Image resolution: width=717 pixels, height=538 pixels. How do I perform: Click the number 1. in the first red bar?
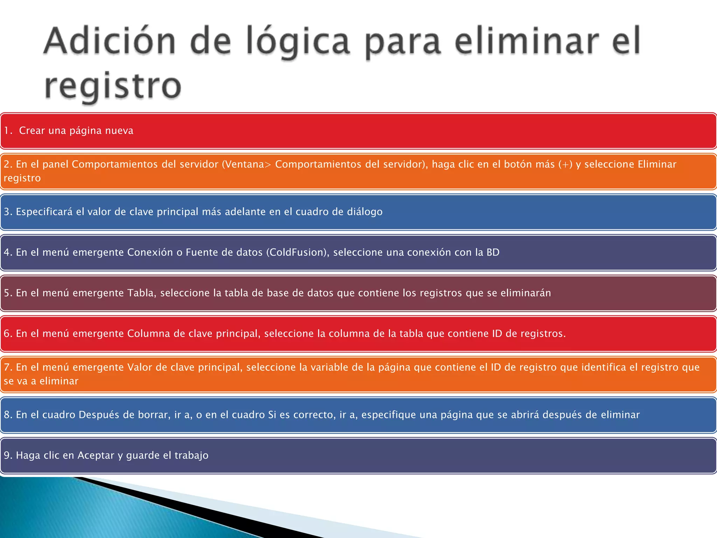click(8, 131)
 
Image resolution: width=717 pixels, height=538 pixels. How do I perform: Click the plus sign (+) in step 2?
click(565, 164)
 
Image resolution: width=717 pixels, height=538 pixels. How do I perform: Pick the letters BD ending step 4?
click(493, 252)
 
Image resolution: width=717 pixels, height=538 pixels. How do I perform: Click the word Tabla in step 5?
click(141, 293)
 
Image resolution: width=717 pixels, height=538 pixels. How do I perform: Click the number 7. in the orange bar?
click(8, 367)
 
